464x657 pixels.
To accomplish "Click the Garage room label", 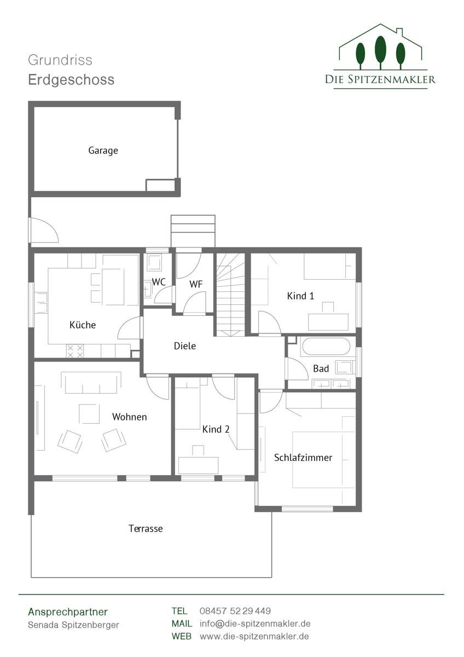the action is click(x=103, y=151).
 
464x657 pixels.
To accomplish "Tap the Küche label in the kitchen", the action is click(x=83, y=325).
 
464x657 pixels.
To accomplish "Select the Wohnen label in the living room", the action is click(x=129, y=417).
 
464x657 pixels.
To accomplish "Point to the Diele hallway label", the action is click(x=184, y=346).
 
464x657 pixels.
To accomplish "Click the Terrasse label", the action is click(x=146, y=528).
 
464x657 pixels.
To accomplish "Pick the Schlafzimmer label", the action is click(x=303, y=458).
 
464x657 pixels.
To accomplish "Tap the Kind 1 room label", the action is click(x=300, y=296).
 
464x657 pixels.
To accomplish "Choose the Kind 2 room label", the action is click(x=216, y=429).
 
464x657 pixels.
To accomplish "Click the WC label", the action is click(x=159, y=282).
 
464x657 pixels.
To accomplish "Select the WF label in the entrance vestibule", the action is click(x=196, y=284).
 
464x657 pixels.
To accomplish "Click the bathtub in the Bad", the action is click(x=326, y=347).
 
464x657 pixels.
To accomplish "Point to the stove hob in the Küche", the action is click(x=75, y=351).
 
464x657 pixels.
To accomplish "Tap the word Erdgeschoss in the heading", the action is click(x=71, y=80).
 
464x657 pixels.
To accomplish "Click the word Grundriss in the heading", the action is click(x=60, y=60).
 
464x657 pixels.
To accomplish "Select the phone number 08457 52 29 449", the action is click(x=235, y=611).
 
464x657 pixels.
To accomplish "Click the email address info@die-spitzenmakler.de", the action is click(x=255, y=624).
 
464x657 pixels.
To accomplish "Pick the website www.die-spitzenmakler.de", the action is click(x=254, y=636).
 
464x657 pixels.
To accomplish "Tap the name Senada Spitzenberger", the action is click(x=73, y=625).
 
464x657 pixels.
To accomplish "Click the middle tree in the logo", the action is click(x=380, y=52).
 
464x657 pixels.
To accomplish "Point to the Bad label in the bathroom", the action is click(x=321, y=368).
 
